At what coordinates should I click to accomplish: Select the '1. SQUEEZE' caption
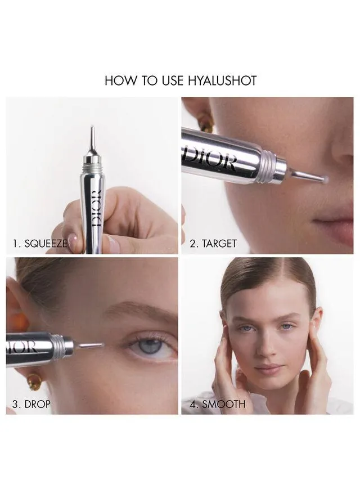(40, 244)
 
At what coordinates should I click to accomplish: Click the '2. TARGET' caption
(213, 244)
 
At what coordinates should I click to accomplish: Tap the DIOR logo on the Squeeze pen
(96, 208)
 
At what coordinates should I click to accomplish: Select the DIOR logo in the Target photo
(209, 159)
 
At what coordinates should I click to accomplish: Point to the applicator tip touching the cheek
(323, 178)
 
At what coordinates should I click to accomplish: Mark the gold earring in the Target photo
(206, 125)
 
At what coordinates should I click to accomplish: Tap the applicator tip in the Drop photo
(93, 346)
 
